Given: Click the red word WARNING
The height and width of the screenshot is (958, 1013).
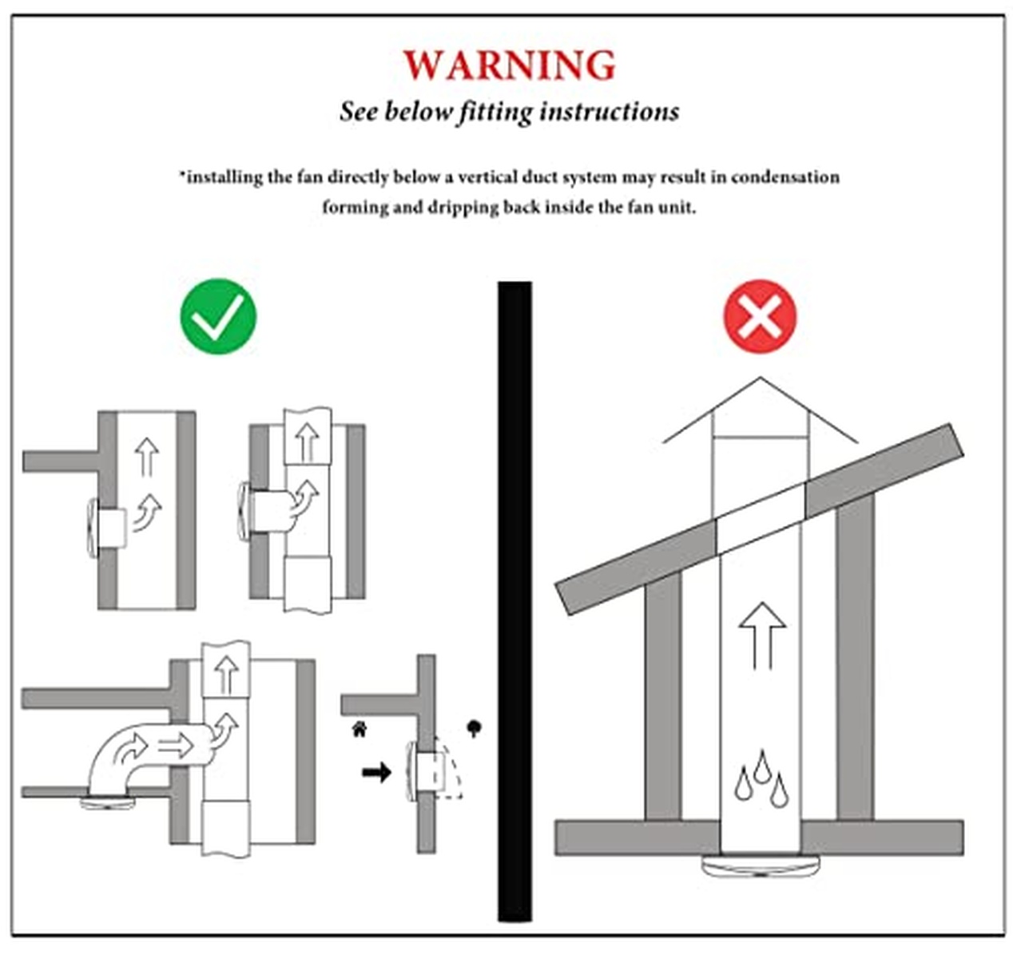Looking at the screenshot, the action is click(x=509, y=65).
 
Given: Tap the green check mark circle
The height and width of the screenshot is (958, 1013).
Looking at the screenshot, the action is click(x=218, y=316).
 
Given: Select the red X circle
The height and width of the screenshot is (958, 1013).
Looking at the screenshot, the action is click(x=760, y=316).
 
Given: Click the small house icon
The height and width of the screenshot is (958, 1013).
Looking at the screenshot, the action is click(x=360, y=729).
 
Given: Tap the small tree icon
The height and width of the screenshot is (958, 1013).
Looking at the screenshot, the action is click(x=474, y=728).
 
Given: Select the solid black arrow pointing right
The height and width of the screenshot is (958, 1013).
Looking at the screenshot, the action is click(x=376, y=772).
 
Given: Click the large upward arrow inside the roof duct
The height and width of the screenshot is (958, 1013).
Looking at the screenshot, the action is click(x=762, y=635).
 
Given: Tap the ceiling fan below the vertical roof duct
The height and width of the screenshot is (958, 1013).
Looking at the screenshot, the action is click(x=761, y=866).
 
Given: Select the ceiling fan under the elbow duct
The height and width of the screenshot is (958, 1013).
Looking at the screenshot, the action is click(x=108, y=803).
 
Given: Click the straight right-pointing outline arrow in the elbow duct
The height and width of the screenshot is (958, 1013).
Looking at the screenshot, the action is click(x=176, y=745).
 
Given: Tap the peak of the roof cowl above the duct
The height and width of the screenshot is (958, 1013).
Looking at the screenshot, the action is click(x=761, y=378).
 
